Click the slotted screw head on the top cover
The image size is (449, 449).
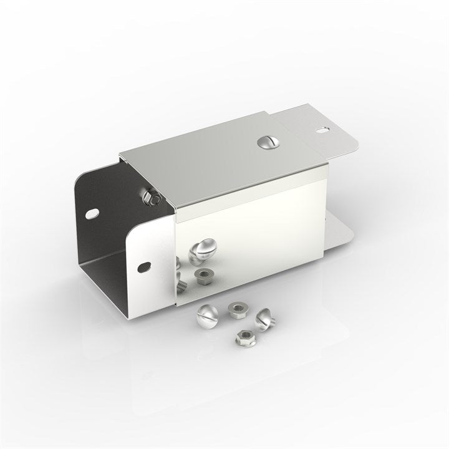click(267, 142)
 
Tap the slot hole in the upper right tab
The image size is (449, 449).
click(322, 130)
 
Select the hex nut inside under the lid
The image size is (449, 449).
click(152, 198)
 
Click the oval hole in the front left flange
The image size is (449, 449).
click(144, 266)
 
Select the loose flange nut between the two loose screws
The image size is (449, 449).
click(236, 309)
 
